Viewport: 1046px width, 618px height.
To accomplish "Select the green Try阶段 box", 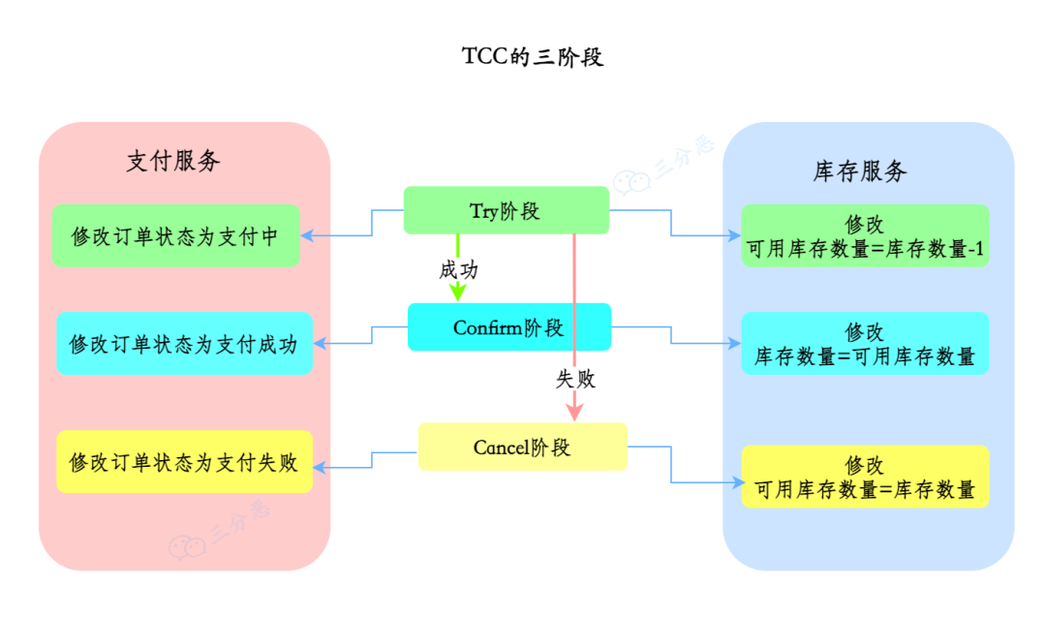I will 506,211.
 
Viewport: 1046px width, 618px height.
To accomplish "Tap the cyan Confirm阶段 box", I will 508,327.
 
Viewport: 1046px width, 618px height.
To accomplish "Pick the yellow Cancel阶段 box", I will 522,448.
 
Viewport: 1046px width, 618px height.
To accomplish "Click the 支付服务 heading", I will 173,162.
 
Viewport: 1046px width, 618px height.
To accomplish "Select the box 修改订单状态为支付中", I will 175,236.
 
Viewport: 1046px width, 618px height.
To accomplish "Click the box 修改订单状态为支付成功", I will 184,344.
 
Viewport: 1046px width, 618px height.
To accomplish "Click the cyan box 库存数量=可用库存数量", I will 865,344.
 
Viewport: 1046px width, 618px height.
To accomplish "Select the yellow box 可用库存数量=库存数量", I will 865,477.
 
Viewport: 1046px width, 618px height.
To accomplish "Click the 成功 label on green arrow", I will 458,270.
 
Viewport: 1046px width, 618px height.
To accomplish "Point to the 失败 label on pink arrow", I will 575,380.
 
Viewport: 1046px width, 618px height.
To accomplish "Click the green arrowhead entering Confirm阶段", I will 458,294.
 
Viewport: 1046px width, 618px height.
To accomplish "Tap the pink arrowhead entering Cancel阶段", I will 575,412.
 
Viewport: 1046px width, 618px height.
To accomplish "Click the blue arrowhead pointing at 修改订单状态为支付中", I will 307,236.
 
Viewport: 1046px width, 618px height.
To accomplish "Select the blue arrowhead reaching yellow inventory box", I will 735,482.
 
